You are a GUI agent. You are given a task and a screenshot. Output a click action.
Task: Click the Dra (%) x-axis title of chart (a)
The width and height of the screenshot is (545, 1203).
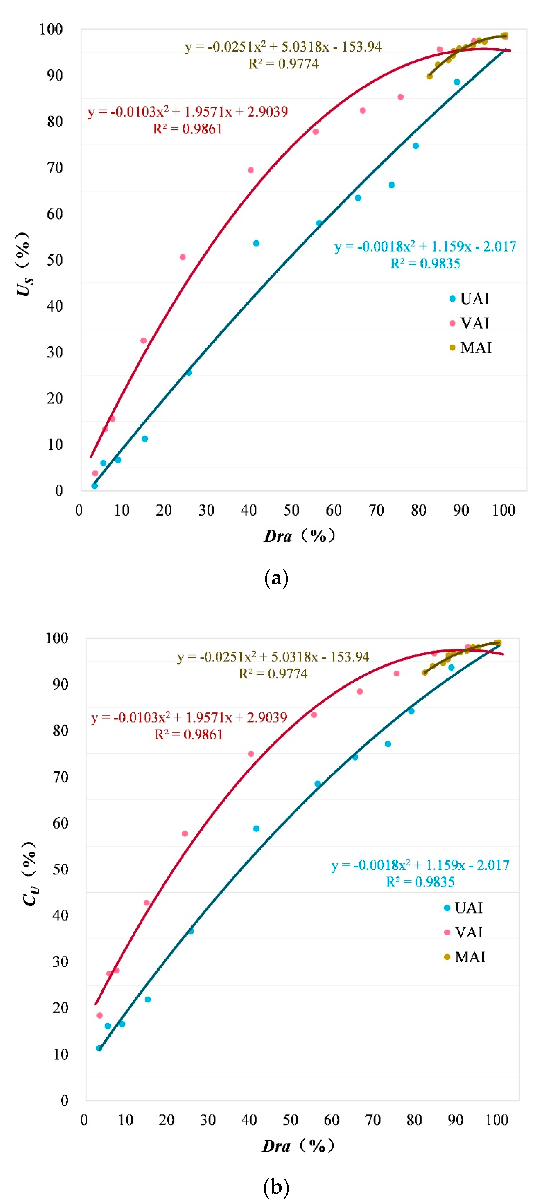click(299, 536)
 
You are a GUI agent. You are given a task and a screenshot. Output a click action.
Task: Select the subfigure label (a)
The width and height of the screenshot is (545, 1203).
click(276, 578)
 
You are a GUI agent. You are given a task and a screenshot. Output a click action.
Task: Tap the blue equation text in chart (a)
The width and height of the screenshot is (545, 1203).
click(425, 246)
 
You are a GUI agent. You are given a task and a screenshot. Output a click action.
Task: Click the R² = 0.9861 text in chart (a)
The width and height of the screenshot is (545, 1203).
click(188, 129)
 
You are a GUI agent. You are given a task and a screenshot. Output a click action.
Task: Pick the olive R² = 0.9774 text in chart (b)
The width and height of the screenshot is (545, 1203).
click(273, 674)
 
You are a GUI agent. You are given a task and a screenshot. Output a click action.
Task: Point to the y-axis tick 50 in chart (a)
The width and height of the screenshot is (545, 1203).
click(55, 260)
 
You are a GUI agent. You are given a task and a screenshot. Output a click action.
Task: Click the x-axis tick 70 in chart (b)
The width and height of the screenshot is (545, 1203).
click(372, 1120)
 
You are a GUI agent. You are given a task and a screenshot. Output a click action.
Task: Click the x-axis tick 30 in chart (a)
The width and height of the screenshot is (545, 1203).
click(206, 511)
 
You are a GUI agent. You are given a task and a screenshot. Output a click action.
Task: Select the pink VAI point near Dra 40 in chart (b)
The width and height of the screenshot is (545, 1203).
click(251, 754)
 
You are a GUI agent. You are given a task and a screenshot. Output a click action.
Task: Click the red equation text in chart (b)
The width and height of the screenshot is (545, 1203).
click(189, 717)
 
